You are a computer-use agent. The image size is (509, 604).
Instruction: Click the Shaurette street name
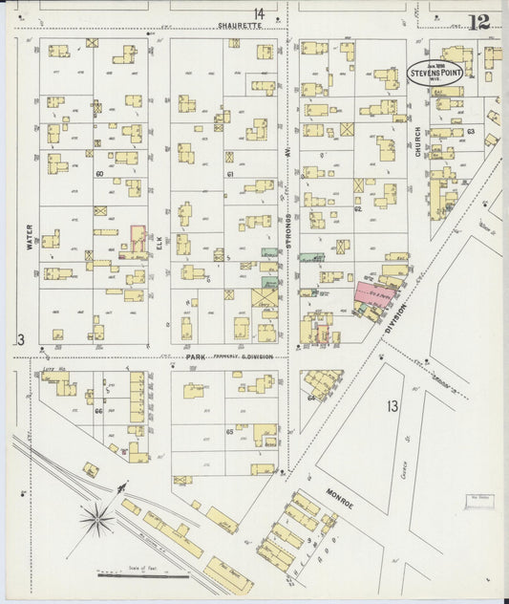238,26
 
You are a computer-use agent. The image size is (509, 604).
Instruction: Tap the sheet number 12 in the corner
478,21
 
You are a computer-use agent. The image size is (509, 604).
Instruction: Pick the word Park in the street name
196,356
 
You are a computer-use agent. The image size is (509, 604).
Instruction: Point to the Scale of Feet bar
130,575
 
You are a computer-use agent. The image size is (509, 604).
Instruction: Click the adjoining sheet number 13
392,406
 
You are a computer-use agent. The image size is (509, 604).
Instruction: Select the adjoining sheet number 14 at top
259,13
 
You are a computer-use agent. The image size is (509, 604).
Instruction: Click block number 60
98,174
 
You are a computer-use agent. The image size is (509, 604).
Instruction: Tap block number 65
229,432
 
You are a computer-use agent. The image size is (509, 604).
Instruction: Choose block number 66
98,412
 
